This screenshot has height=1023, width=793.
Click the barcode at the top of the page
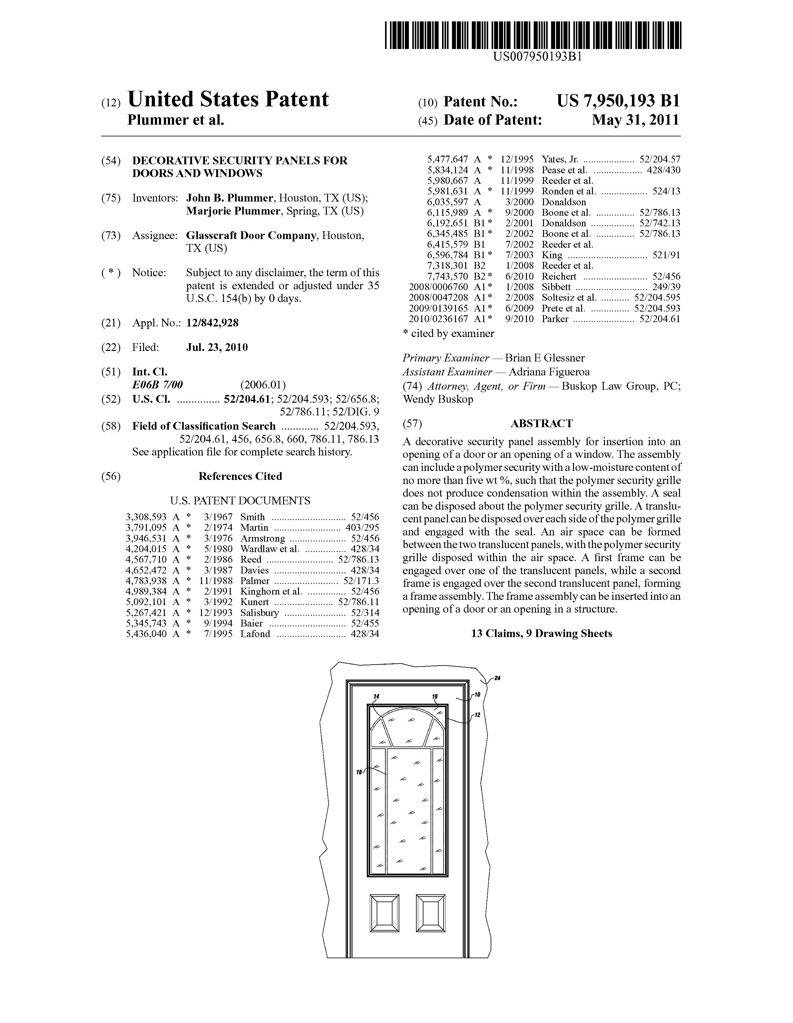[533, 36]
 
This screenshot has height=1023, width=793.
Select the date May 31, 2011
[635, 120]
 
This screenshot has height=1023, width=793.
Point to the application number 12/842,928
[212, 323]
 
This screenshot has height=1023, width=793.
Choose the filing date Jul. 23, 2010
[217, 347]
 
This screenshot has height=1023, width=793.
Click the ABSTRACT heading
[541, 423]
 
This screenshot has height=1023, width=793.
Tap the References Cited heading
[240, 476]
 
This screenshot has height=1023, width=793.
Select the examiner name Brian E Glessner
[545, 358]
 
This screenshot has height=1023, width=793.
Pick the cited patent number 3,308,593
[146, 517]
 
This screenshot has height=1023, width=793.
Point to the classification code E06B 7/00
[157, 385]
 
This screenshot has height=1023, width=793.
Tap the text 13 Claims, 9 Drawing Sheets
[541, 634]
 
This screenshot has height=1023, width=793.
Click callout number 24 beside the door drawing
[497, 678]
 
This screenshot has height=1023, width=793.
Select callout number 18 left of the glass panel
[359, 773]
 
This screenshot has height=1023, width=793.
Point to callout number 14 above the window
[376, 697]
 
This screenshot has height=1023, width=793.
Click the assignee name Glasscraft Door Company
[251, 236]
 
